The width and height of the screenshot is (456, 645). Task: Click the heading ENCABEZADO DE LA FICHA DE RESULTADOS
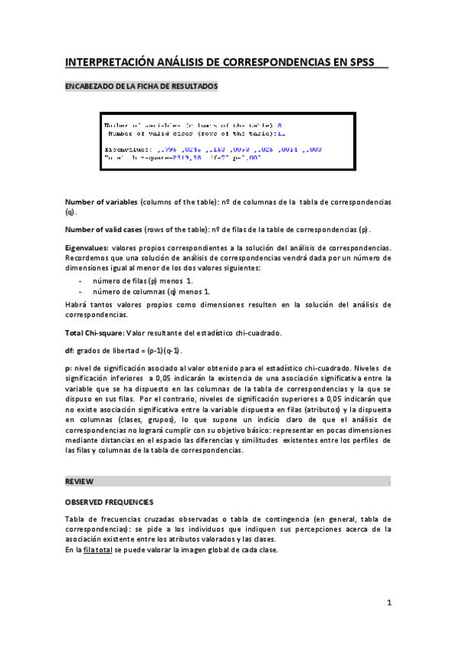(142, 86)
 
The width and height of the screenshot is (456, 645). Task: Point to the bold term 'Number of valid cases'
(106, 230)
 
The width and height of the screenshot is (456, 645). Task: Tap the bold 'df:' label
(70, 351)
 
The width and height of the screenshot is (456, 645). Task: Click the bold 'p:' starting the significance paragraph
(69, 368)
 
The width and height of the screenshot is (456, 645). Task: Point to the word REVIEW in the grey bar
(79, 482)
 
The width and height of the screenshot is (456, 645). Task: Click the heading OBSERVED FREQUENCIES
(110, 502)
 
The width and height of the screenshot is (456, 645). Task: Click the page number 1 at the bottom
(388, 604)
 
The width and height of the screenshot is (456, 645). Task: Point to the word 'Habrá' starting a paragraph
(77, 304)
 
